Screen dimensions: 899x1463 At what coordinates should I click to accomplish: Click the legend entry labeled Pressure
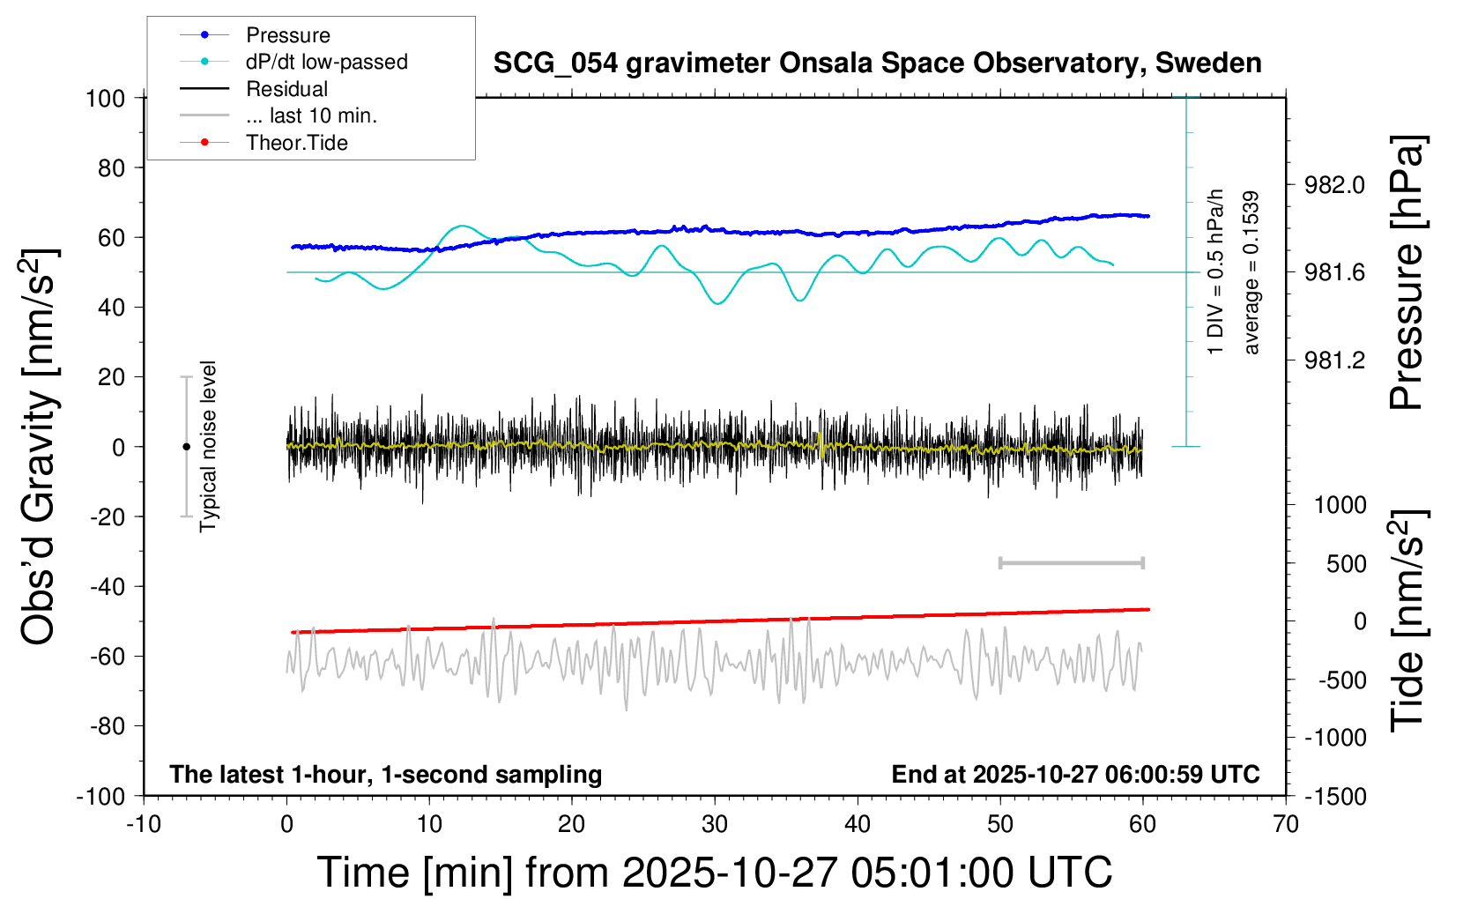pos(287,35)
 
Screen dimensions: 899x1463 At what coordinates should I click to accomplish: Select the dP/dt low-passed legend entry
pos(326,62)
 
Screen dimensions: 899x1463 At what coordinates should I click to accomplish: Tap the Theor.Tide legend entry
pos(296,143)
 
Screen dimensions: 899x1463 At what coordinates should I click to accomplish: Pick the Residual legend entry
pos(286,89)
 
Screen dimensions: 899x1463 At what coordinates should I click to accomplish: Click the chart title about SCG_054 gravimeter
pos(877,63)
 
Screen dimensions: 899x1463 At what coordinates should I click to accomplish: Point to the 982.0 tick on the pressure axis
pos(1334,185)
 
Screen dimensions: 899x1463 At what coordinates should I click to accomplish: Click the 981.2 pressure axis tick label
pos(1334,360)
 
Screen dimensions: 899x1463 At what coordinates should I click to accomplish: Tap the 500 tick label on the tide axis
pos(1346,564)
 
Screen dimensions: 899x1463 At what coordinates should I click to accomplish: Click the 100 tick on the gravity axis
pos(105,98)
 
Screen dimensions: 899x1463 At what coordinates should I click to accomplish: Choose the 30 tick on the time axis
pos(715,825)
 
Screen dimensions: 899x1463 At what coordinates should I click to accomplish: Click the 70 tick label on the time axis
pos(1286,825)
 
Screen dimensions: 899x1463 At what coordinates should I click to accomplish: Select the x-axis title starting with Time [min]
pos(715,873)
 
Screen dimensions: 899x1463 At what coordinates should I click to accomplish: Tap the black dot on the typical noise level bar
pos(186,447)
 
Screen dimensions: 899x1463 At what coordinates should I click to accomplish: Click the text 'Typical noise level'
pos(208,446)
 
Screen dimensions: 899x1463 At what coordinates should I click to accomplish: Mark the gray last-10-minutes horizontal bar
pos(1071,563)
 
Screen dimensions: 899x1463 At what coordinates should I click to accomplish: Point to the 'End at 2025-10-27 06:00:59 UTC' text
pos(1075,775)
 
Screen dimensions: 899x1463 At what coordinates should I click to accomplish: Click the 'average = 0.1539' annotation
pos(1251,272)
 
